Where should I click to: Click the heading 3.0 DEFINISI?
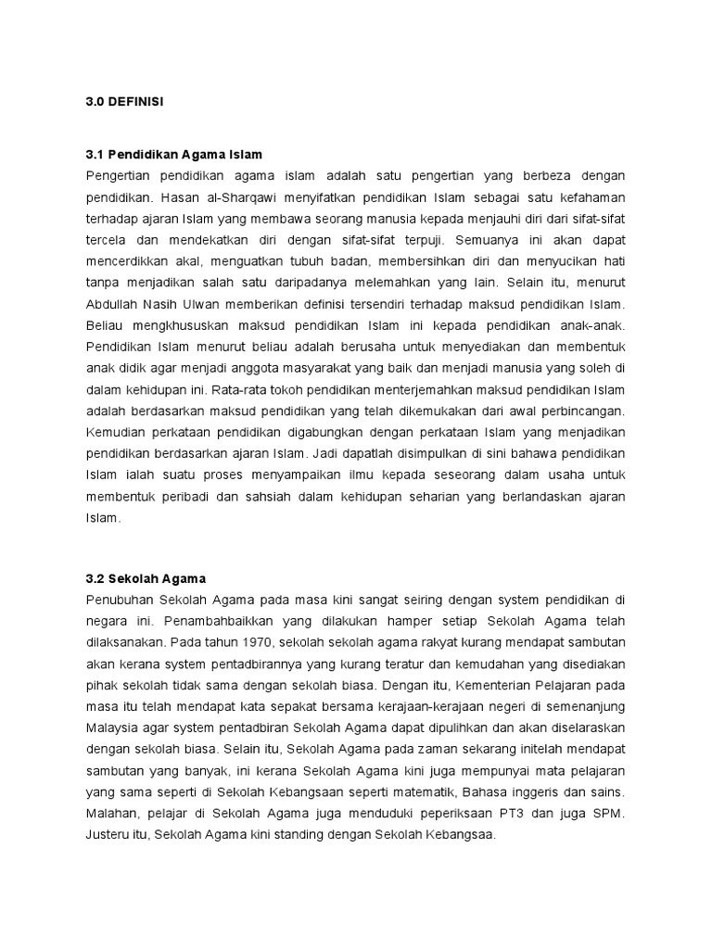point(124,102)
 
